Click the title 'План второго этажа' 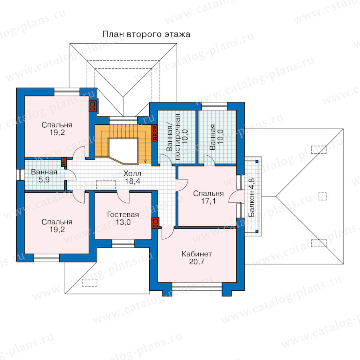click(146, 34)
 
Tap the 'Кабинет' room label click(197, 254)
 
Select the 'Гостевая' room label click(123, 214)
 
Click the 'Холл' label click(132, 173)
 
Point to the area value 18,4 click(132, 181)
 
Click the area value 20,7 click(197, 262)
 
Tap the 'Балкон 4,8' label click(252, 198)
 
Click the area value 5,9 click(44, 180)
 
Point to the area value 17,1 click(208, 201)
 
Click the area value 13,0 click(123, 222)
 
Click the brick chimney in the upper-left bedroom click(93, 106)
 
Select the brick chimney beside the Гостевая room click(156, 223)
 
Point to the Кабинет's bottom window click(197, 286)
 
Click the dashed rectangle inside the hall click(106, 184)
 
